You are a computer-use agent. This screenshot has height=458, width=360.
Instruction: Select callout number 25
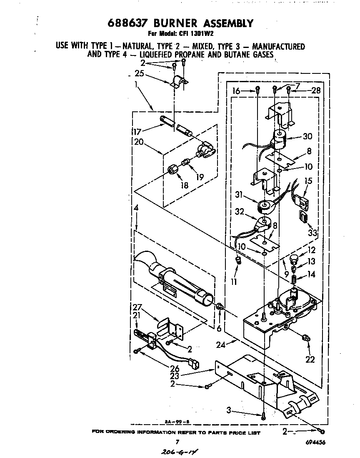click(140, 73)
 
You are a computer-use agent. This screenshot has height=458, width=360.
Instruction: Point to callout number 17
click(137, 131)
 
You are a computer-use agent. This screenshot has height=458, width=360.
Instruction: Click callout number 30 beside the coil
click(308, 136)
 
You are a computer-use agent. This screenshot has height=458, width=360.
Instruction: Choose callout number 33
click(312, 232)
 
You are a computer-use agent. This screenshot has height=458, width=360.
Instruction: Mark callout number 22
click(310, 359)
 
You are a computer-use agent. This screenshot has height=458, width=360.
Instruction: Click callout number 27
click(137, 307)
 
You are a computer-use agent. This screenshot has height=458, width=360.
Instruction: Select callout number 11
click(234, 282)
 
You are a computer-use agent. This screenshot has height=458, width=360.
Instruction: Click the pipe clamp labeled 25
click(179, 81)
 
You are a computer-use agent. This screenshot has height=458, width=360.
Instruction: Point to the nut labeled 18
click(173, 170)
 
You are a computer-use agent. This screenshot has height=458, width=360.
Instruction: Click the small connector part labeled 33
click(302, 217)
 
